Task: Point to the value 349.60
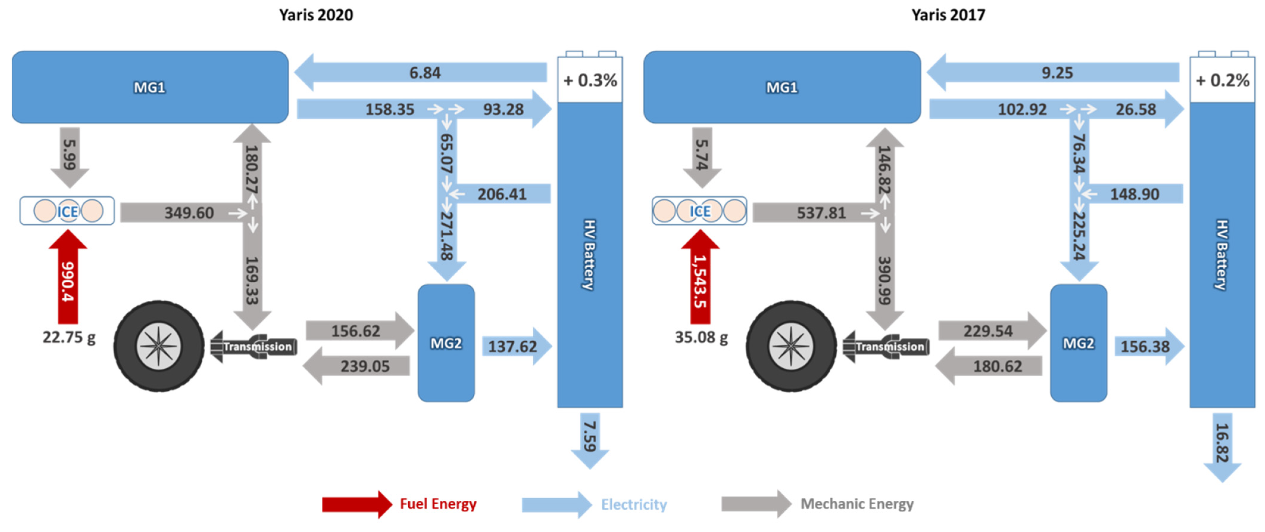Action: [189, 213]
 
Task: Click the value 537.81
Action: [821, 213]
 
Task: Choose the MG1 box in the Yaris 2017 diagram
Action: [782, 87]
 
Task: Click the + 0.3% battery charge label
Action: [590, 80]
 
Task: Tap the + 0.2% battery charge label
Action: [1222, 80]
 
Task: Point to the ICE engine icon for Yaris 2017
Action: [699, 211]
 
